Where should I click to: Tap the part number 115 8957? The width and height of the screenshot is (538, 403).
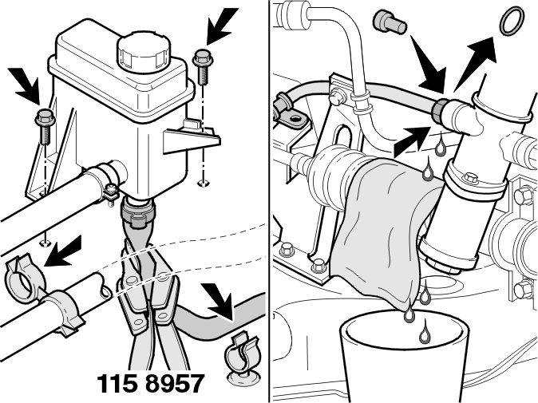point(151,383)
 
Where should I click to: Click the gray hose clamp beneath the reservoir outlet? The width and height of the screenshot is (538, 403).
point(137,215)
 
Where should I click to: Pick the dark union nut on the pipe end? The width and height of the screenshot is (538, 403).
point(439,110)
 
